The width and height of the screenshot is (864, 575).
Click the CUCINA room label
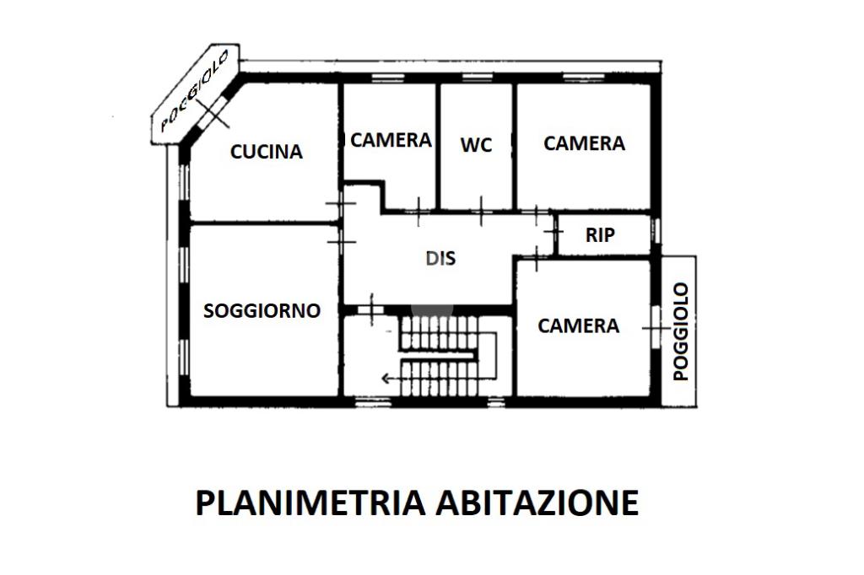pos(267,152)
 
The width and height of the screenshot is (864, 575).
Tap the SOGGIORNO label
pos(262,310)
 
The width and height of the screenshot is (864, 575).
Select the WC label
pos(476,145)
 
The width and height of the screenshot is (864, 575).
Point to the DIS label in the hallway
pos(440,258)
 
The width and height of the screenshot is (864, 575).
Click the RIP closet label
pos(600,235)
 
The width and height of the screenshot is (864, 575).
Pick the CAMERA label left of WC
pos(391,140)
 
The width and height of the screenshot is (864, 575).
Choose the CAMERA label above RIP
pos(584,143)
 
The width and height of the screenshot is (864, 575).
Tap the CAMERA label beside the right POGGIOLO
pos(578,325)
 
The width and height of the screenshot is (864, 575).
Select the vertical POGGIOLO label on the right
pos(681,331)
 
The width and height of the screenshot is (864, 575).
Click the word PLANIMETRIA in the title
pos(310,502)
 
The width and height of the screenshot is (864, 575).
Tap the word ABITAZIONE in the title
pos(537,502)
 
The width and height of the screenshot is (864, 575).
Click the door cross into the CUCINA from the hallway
pos(339,203)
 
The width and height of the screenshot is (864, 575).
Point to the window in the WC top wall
pos(477,78)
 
